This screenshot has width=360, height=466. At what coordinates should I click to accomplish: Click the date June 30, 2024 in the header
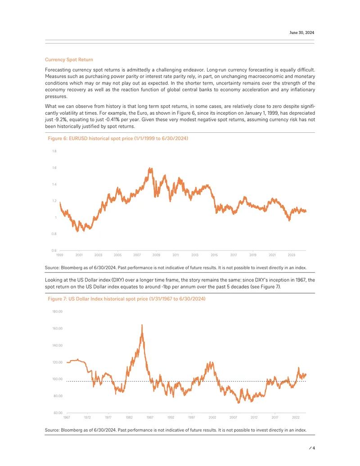[301, 33]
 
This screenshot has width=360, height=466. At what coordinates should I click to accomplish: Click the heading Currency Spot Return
[69, 60]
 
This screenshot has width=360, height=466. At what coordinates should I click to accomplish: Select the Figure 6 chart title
[118, 139]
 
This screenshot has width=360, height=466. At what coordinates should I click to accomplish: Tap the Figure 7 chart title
[126, 299]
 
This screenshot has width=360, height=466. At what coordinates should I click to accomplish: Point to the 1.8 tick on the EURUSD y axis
[54, 151]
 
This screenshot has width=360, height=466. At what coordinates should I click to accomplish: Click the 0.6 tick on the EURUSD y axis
[54, 250]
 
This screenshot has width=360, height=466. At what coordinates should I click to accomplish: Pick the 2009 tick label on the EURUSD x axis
[156, 255]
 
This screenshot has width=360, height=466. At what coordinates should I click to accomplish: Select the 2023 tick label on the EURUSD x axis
[292, 255]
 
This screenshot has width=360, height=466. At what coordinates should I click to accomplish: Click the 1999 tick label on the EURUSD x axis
[60, 255]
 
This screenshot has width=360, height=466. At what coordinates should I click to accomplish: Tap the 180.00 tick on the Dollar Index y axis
[58, 312]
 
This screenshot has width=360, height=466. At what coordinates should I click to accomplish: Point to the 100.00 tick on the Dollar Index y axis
[58, 379]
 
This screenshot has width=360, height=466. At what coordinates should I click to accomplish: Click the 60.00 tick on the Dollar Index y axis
[58, 413]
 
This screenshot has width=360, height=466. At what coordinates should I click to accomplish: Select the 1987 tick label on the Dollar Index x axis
[150, 417]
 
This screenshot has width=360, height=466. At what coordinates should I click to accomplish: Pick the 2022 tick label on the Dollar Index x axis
[296, 417]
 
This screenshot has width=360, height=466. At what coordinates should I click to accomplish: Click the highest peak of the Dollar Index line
[142, 325]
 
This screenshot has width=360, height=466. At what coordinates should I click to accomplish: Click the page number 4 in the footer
[314, 448]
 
